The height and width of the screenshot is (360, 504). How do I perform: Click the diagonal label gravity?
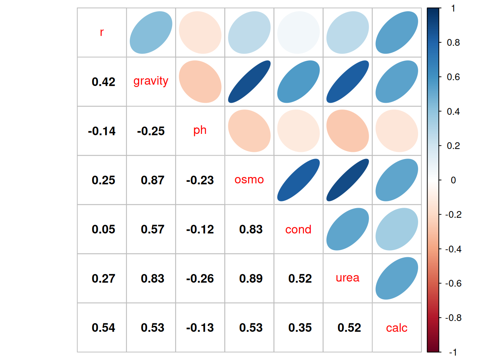point(151,81)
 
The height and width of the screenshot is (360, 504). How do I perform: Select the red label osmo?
point(249,180)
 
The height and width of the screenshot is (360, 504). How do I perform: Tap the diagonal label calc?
point(396,328)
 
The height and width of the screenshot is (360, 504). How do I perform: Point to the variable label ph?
point(200,130)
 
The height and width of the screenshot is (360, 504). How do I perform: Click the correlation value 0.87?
point(153,180)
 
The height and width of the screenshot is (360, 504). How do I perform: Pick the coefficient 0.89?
point(251,278)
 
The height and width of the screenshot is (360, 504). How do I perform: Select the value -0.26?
point(200,278)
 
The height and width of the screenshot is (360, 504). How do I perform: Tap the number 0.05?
point(103,229)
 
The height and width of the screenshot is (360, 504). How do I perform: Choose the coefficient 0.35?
point(300,327)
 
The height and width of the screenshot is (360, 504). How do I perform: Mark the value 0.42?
point(103,82)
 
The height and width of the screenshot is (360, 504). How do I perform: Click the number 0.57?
point(153,229)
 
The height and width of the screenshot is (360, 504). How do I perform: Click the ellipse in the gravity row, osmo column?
point(249,82)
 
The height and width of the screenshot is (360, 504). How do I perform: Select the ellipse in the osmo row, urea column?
point(348,180)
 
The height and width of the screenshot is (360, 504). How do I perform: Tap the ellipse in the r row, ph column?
point(200,33)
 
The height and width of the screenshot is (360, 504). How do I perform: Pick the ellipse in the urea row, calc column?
point(397,278)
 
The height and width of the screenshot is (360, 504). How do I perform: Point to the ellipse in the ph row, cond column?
point(298,131)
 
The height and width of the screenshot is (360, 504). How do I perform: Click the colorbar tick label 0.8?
point(453,43)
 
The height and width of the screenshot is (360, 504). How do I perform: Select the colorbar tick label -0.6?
point(453,283)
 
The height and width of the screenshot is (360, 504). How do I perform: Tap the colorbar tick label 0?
point(453,180)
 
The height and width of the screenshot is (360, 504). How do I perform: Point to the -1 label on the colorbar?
point(453,352)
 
